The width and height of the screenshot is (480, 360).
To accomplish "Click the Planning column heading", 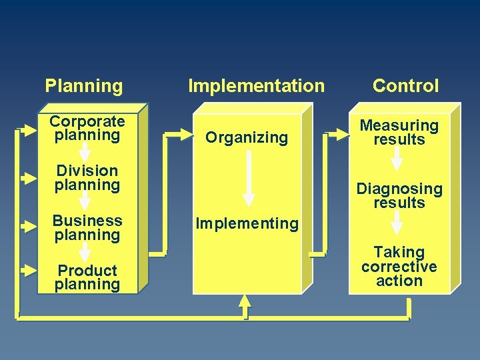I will (x=84, y=86).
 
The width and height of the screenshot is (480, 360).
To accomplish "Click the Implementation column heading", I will (x=256, y=86).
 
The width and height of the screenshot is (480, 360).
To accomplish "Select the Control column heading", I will (x=405, y=86).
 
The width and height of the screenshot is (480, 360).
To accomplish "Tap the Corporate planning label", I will (x=87, y=128).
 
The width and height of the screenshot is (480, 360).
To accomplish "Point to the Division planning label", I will (x=87, y=178).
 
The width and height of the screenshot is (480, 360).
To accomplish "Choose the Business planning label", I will (x=87, y=227).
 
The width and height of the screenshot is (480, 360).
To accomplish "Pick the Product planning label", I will (x=87, y=277).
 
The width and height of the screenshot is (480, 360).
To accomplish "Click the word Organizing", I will (x=247, y=137).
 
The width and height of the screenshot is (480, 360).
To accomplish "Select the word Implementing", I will (x=247, y=223).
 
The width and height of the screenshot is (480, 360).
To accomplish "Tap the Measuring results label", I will (x=399, y=132).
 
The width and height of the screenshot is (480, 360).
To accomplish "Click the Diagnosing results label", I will (x=399, y=195).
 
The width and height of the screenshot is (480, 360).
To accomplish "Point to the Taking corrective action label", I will (x=399, y=266).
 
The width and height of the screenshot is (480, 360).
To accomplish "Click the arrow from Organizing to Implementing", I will (x=248, y=178).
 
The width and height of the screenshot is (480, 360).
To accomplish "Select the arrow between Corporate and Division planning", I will (x=85, y=152).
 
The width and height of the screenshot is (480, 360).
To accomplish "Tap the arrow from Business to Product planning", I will (x=85, y=252).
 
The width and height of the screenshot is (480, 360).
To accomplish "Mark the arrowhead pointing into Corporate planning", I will (x=29, y=129).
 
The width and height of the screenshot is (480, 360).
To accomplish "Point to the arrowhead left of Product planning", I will (x=29, y=271).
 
